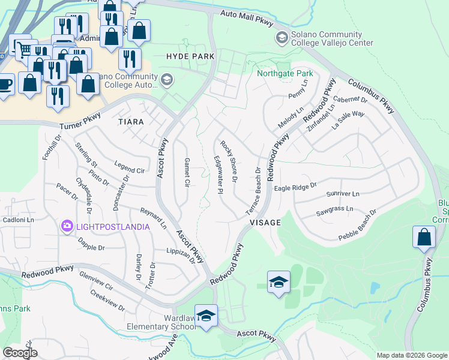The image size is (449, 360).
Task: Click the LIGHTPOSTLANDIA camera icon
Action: pyautogui.click(x=67, y=226)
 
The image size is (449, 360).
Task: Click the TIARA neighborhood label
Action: pyautogui.click(x=131, y=122)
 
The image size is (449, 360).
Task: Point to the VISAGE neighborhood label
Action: pyautogui.click(x=265, y=223)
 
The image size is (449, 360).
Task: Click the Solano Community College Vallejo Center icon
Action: pyautogui.click(x=281, y=38)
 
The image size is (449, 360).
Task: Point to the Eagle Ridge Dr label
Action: pyautogui.click(x=295, y=188)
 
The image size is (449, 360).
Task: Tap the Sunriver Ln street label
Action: pyautogui.click(x=343, y=194)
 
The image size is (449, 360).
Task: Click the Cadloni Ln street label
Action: pyautogui.click(x=14, y=220)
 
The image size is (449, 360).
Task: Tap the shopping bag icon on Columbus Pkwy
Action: pyautogui.click(x=424, y=237)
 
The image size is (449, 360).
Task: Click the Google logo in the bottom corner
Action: pyautogui.click(x=20, y=353)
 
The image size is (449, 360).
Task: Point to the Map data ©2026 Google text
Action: pyautogui.click(x=411, y=355)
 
